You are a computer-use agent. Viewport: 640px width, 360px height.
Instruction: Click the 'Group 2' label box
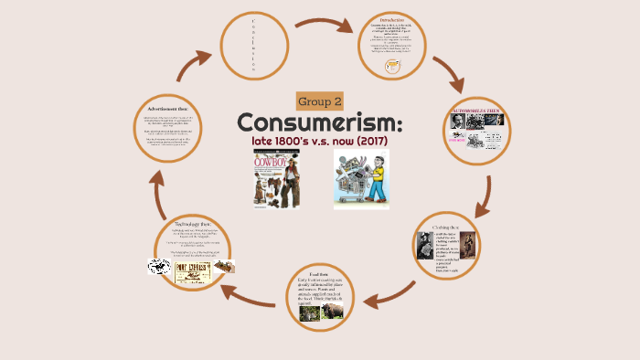(x=320, y=101)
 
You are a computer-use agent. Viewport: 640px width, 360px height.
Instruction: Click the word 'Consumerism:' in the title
(x=320, y=122)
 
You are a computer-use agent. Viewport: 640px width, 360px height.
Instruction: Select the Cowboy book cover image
(x=276, y=178)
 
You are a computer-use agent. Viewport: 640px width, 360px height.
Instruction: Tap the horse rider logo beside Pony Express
(x=159, y=267)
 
